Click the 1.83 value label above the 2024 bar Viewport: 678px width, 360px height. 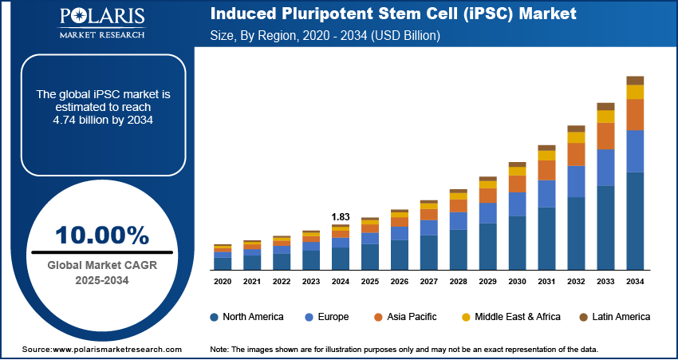click(x=341, y=216)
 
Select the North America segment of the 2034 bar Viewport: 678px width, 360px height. click(x=635, y=220)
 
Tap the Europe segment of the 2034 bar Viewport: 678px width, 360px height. click(x=635, y=151)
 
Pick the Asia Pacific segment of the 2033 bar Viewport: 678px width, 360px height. click(x=605, y=136)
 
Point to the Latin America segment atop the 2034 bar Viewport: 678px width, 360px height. click(x=635, y=80)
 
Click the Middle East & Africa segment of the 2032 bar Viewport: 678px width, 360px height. click(x=576, y=137)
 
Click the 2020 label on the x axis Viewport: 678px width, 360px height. click(x=223, y=282)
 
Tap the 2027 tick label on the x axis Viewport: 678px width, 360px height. click(x=428, y=282)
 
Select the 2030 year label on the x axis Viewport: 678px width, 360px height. click(x=517, y=282)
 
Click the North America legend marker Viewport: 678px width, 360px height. click(x=215, y=317)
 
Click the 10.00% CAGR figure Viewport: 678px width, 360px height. click(x=101, y=235)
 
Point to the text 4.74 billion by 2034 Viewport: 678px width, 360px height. click(x=103, y=120)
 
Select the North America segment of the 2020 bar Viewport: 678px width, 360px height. click(x=223, y=263)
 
